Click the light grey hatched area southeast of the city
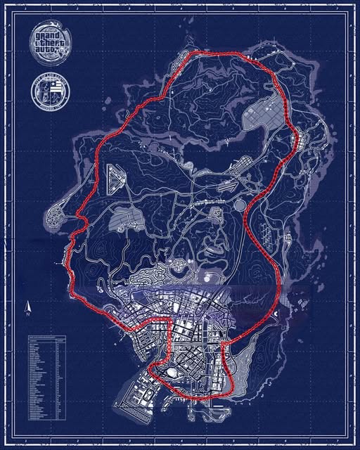coord(243,366)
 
